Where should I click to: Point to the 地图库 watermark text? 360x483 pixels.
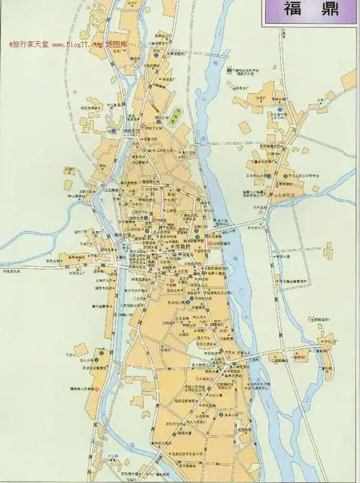[x=119, y=45]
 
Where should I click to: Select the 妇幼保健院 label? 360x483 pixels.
[x=220, y=243]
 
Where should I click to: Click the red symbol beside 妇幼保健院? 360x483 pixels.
[x=210, y=243]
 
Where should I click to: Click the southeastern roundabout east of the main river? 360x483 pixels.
[x=286, y=351]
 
